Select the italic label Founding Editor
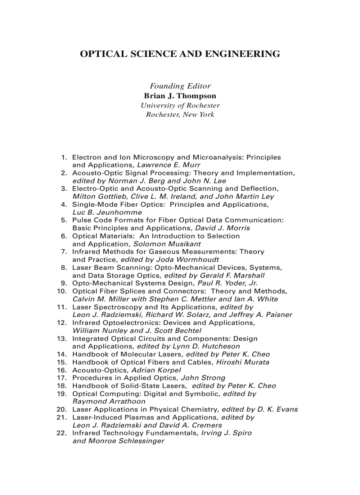pyautogui.click(x=180, y=86)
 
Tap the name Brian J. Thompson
pyautogui.click(x=180, y=96)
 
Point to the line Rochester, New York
pyautogui.click(x=180, y=115)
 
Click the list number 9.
pyautogui.click(x=64, y=283)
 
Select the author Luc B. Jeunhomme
pyautogui.click(x=101, y=212)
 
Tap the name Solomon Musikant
pyautogui.click(x=167, y=244)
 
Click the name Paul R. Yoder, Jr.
pyautogui.click(x=228, y=283)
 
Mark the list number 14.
pyautogui.click(x=62, y=354)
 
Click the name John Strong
pyautogui.click(x=203, y=378)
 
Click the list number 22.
pyautogui.click(x=62, y=433)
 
